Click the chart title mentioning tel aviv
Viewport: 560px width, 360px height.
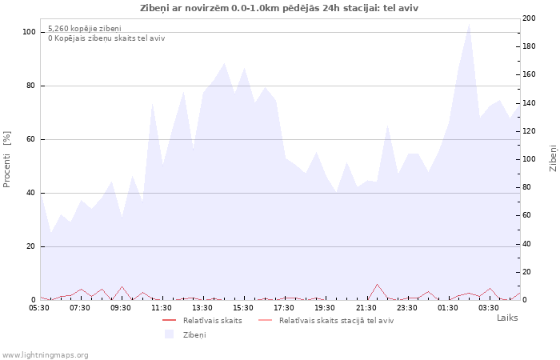[x=278, y=8]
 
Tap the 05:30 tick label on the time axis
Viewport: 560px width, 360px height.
[x=39, y=307]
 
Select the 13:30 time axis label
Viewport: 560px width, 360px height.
[x=202, y=307]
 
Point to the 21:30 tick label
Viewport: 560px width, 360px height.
[x=366, y=307]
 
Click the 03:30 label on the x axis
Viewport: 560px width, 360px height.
[x=489, y=307]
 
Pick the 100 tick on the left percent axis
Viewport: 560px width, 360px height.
[x=30, y=32]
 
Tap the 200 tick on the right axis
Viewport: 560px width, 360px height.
[x=530, y=18]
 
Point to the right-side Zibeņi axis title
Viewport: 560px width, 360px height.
[x=553, y=158]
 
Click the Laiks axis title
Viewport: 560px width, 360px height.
[x=507, y=318]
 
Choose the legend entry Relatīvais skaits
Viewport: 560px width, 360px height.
[x=212, y=320]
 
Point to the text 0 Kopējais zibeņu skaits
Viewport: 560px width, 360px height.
[x=106, y=38]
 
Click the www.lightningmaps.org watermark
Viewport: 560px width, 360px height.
[x=46, y=354]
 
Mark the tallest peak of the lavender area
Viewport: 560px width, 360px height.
[x=469, y=23]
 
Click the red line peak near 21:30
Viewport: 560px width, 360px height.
[x=377, y=284]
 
